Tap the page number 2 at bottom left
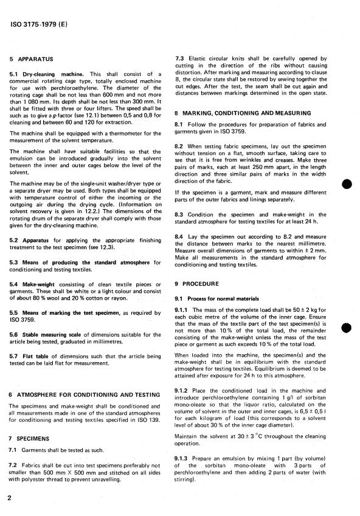pos(10,497)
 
